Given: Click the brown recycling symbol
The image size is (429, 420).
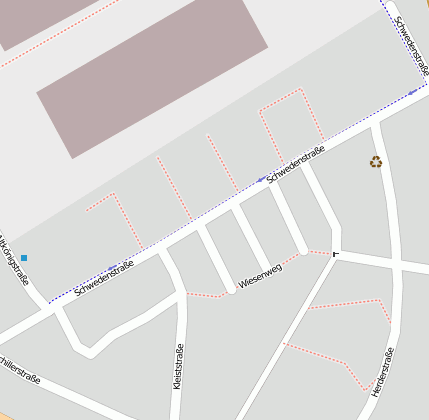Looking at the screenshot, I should (376, 161).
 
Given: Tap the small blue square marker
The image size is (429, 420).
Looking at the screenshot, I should (24, 258).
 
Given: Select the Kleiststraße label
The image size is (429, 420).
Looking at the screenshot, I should (177, 367).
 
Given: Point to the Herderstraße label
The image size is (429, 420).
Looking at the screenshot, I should (382, 370).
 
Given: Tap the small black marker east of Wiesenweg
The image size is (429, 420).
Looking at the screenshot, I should (335, 254).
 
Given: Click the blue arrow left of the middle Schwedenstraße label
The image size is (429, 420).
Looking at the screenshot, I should (262, 180).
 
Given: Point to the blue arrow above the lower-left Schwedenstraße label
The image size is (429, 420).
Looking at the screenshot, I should (112, 267).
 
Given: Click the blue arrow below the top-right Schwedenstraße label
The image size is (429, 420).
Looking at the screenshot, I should (412, 93).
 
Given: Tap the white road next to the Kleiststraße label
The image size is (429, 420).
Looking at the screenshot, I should (182, 340).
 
